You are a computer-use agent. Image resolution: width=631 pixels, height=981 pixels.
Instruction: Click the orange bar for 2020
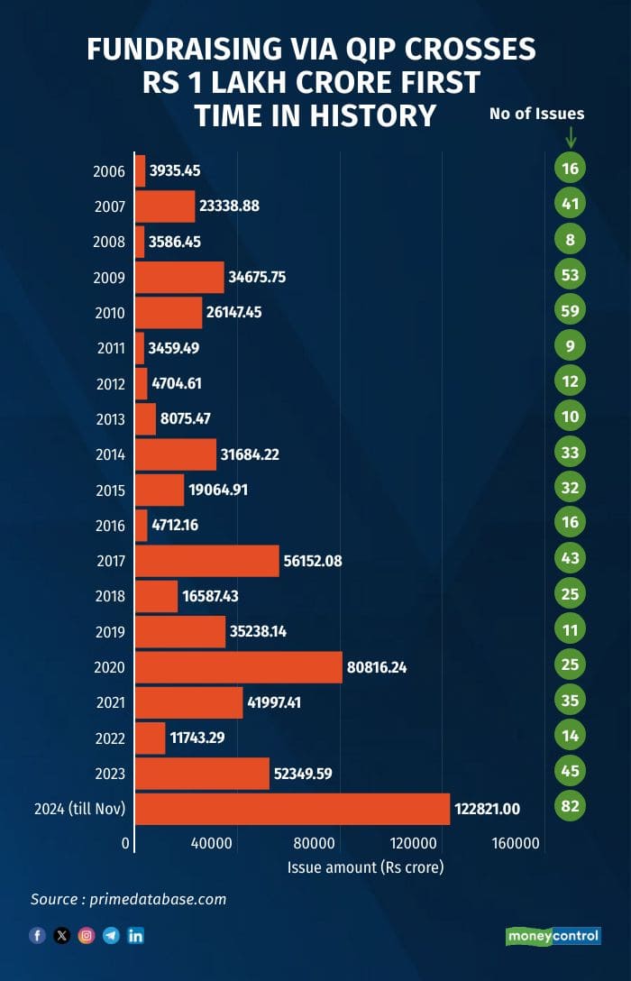239,667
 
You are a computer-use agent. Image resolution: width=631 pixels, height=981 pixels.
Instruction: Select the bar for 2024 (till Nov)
292,808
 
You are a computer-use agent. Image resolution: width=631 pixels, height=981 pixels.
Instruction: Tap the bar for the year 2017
207,561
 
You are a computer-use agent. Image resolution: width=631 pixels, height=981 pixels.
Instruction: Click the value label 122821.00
487,809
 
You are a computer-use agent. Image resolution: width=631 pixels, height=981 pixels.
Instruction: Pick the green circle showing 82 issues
570,806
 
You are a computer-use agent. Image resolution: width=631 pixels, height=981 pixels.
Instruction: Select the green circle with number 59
570,311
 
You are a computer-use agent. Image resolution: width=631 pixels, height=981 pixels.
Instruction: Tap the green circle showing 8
570,240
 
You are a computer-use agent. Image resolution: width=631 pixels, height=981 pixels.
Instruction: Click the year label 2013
109,418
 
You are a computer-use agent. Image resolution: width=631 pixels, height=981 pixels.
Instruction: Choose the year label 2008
109,241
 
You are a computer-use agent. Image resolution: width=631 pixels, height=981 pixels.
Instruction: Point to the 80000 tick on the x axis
314,844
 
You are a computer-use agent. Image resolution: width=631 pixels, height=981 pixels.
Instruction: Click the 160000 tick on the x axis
517,844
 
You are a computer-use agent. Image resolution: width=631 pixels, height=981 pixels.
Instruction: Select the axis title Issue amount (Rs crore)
366,867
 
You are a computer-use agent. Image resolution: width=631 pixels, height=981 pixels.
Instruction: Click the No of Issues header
536,114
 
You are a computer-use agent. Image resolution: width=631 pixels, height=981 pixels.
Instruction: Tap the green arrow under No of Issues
570,138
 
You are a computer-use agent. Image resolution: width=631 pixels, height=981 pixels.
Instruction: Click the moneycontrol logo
553,936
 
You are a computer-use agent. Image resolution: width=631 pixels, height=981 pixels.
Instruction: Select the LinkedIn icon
136,936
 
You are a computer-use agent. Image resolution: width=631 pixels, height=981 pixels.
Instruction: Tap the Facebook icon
37,936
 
